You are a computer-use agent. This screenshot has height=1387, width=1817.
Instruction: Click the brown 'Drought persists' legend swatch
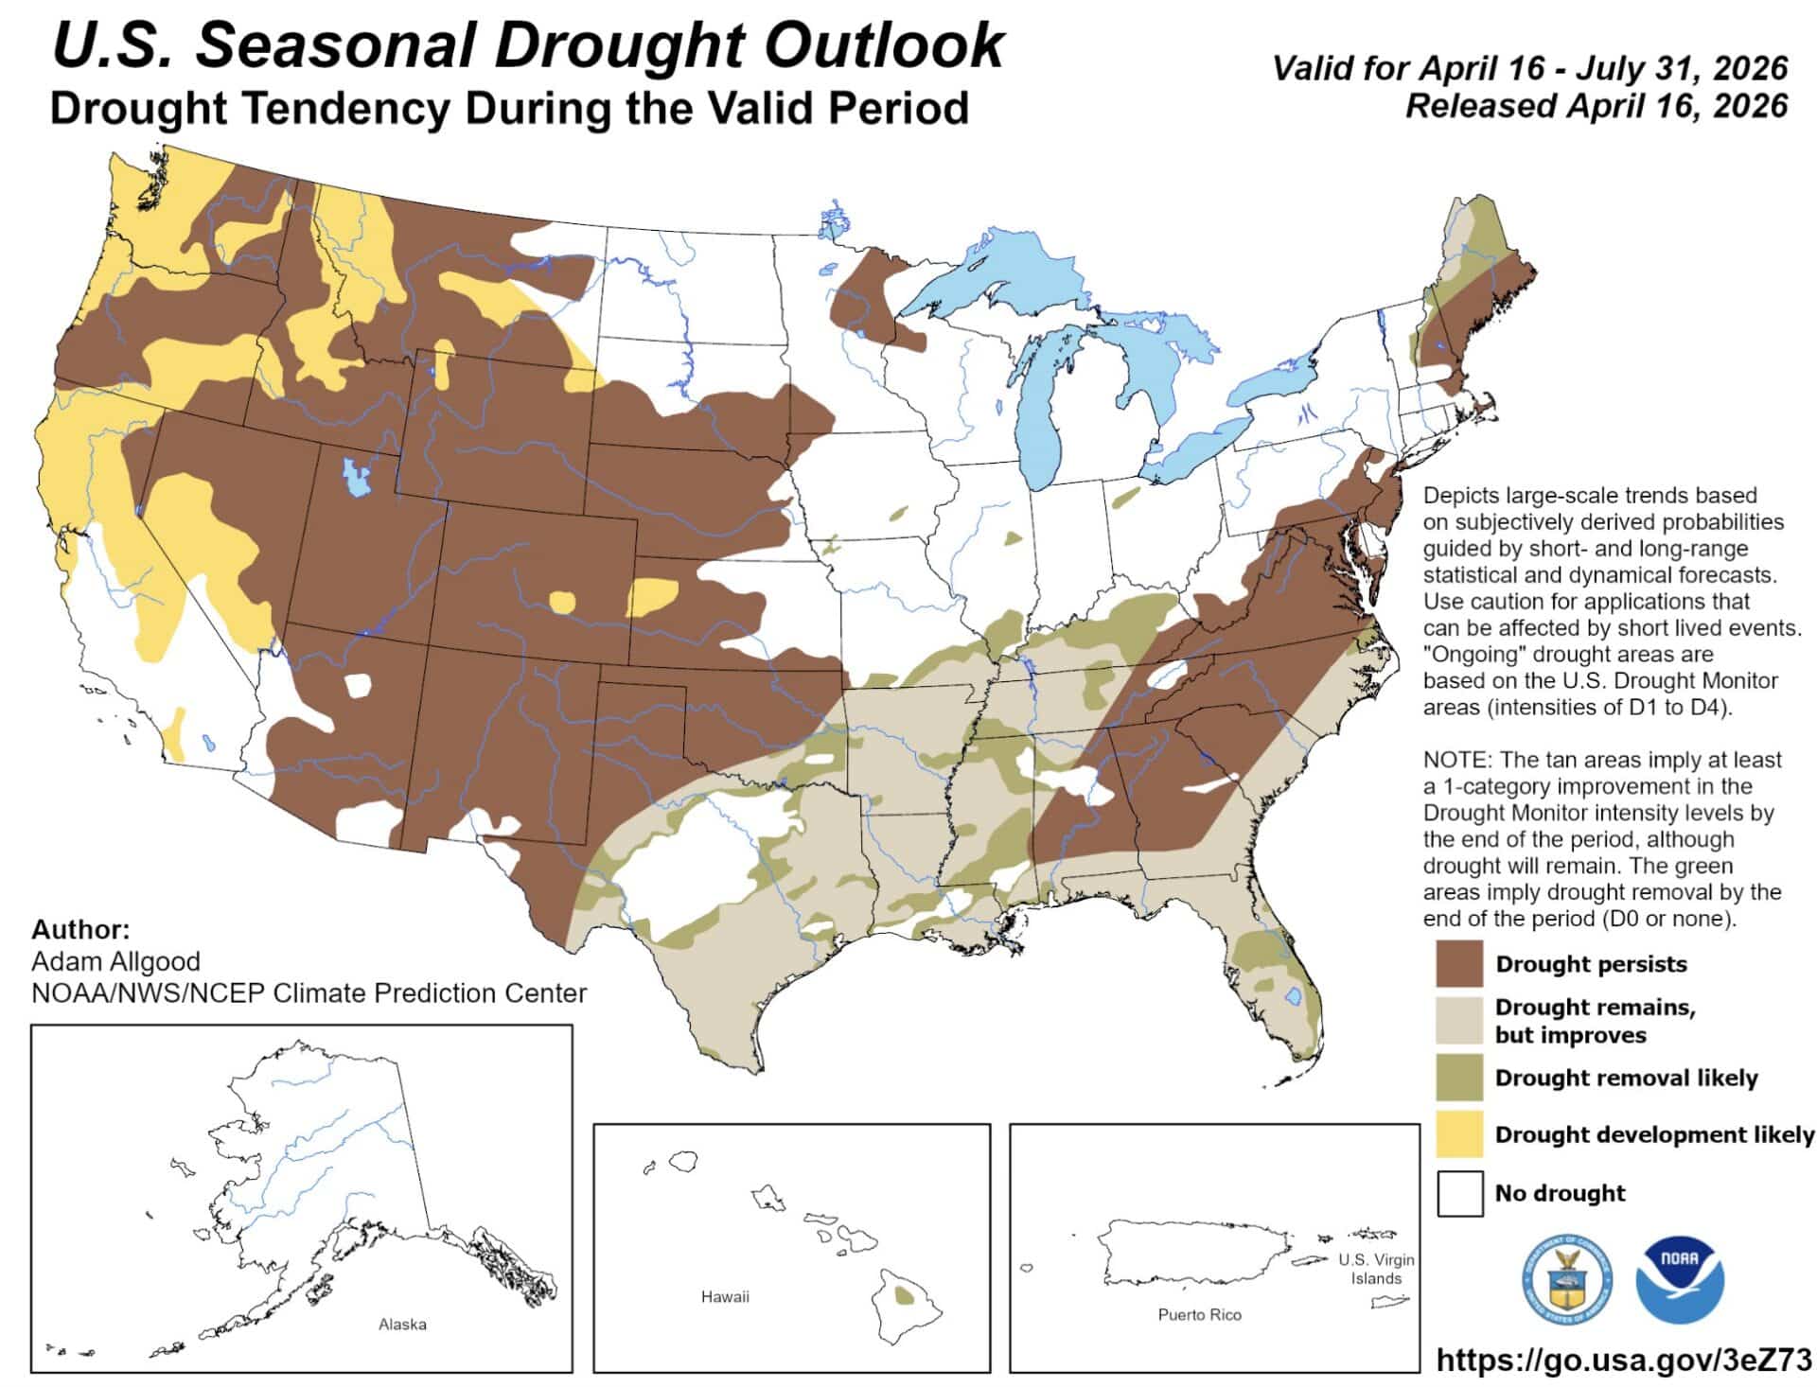[1459, 963]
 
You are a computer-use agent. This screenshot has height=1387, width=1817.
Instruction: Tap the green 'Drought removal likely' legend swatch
[1459, 1078]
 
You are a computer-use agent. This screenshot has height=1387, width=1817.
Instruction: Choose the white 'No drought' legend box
[1459, 1192]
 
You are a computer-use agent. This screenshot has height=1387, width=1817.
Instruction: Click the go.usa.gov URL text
[1623, 1360]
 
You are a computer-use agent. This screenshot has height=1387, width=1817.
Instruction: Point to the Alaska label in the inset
[402, 1324]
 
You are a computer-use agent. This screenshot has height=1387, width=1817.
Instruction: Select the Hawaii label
[725, 1296]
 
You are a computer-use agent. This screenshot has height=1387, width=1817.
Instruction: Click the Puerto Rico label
[1199, 1314]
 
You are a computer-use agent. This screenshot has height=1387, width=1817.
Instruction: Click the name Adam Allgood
[115, 961]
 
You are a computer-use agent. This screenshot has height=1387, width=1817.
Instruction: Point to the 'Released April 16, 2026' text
[1596, 105]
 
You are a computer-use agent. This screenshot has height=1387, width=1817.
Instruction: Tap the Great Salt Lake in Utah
[356, 477]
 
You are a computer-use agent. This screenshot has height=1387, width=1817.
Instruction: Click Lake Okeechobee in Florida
[1294, 995]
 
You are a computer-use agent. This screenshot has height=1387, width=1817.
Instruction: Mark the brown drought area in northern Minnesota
[866, 298]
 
